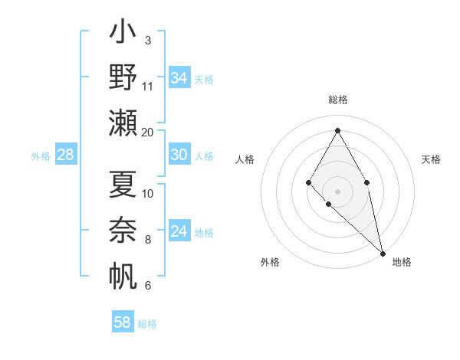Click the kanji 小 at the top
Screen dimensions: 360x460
pos(123,34)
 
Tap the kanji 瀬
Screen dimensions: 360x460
pos(123,123)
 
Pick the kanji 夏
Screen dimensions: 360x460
pos(123,184)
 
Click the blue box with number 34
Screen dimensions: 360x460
pos(179,78)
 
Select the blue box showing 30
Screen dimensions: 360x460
pos(179,155)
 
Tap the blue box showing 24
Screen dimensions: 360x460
pos(179,231)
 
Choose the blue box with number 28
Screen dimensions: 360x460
pos(66,155)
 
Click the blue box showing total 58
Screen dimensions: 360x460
pos(123,322)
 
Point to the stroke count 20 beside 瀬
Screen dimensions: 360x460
pos(148,133)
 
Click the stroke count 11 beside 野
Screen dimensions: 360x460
pos(148,87)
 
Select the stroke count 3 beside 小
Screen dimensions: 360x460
pos(148,41)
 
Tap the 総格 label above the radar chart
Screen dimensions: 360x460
pos(338,100)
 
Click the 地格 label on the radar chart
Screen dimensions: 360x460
pos(402,263)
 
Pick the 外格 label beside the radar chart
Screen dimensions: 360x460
pos(270,263)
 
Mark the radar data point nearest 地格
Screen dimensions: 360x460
pos(383,253)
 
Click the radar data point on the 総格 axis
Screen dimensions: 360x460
pos(337,130)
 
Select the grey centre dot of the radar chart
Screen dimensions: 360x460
pos(337,191)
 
